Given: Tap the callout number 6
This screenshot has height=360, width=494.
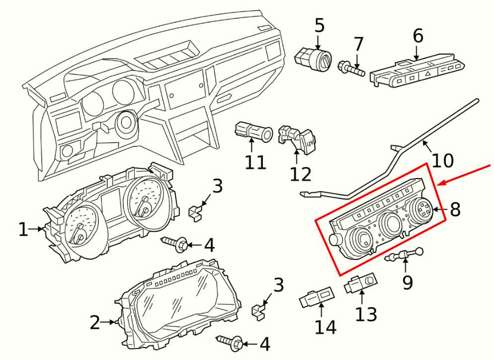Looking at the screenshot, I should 418,35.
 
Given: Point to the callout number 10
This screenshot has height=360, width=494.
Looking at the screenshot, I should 442,160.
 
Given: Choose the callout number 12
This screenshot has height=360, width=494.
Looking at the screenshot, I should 301,174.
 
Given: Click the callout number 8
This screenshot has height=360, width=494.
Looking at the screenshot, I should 455,209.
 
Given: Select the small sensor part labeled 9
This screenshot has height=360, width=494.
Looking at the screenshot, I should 404,256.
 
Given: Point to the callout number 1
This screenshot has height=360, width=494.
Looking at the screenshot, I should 23,229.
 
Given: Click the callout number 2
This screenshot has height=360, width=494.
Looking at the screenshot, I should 94,323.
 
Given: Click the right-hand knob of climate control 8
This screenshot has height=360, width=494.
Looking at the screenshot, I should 421,208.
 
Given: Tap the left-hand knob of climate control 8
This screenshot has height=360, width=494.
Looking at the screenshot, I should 360,241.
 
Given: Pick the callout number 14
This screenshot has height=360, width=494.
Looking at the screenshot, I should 325,327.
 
